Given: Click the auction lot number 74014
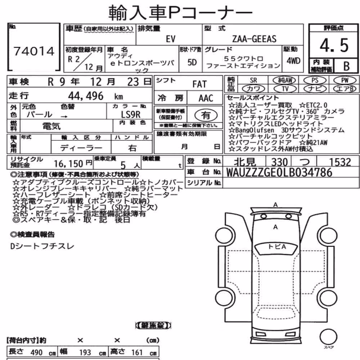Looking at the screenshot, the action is pyautogui.click(x=34, y=51).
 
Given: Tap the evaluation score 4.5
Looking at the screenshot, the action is pyautogui.click(x=334, y=45).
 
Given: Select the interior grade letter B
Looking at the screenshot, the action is pyautogui.click(x=346, y=66).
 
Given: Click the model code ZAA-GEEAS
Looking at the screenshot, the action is pyautogui.click(x=254, y=39).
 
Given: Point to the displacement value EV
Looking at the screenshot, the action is pyautogui.click(x=171, y=39).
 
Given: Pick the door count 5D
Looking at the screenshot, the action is pyautogui.click(x=192, y=62).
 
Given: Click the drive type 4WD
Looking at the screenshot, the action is pyautogui.click(x=293, y=61).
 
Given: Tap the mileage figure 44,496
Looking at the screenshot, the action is pyautogui.click(x=86, y=96).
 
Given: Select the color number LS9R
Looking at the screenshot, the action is pyautogui.click(x=131, y=114).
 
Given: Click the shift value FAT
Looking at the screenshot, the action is pyautogui.click(x=199, y=84).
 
